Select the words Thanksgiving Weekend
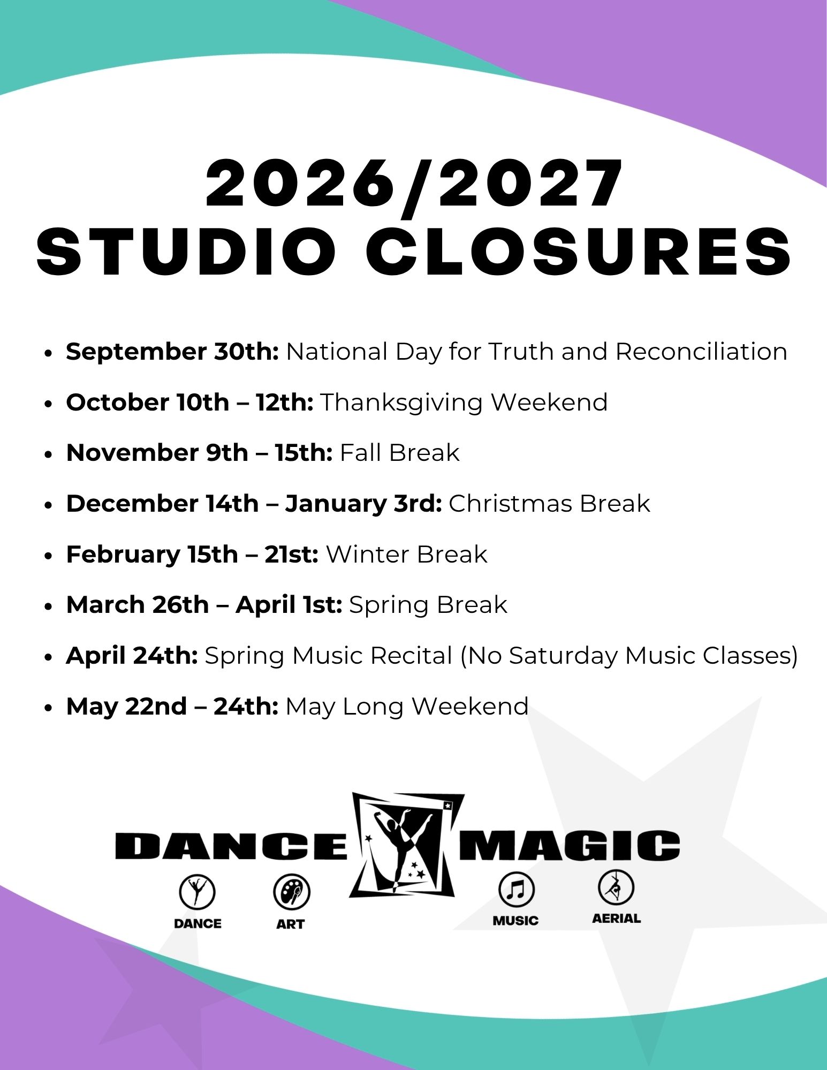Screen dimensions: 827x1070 [464, 403]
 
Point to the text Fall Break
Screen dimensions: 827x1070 [400, 453]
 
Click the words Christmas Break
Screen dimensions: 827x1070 [549, 504]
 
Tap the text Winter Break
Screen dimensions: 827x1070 [407, 555]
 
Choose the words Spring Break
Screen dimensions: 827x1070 [428, 605]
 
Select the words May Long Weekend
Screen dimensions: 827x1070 [407, 707]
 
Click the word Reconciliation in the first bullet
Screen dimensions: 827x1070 [701, 352]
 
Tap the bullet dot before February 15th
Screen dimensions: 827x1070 [49, 556]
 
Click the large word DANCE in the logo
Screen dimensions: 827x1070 [231, 846]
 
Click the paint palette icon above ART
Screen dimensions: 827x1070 [292, 892]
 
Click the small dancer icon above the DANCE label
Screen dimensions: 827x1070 [197, 892]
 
